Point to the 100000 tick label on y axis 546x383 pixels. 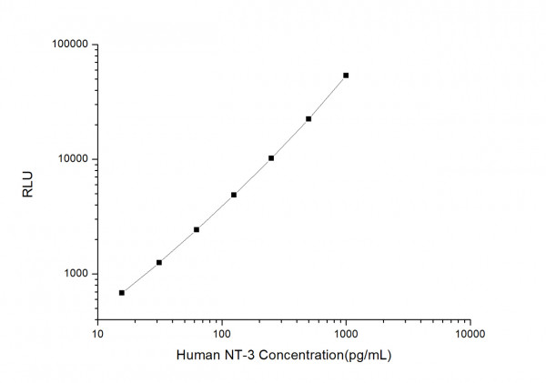(x=67, y=45)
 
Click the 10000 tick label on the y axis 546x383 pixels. (x=70, y=159)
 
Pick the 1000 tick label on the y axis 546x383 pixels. (x=73, y=274)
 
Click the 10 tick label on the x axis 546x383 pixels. (x=97, y=335)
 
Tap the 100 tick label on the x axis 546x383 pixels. (x=221, y=335)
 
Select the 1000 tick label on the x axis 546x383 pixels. (x=346, y=335)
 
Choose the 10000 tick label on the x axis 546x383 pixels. (x=470, y=335)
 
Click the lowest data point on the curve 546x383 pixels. (x=122, y=293)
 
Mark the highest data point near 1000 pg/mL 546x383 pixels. (x=346, y=76)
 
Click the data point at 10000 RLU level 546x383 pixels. (x=271, y=158)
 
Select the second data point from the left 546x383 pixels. (x=159, y=263)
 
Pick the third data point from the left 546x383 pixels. (x=197, y=230)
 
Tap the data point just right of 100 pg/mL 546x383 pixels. (x=234, y=195)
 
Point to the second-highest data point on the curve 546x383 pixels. (x=308, y=119)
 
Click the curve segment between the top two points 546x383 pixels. (x=328, y=97)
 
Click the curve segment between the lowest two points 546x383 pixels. (x=141, y=278)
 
